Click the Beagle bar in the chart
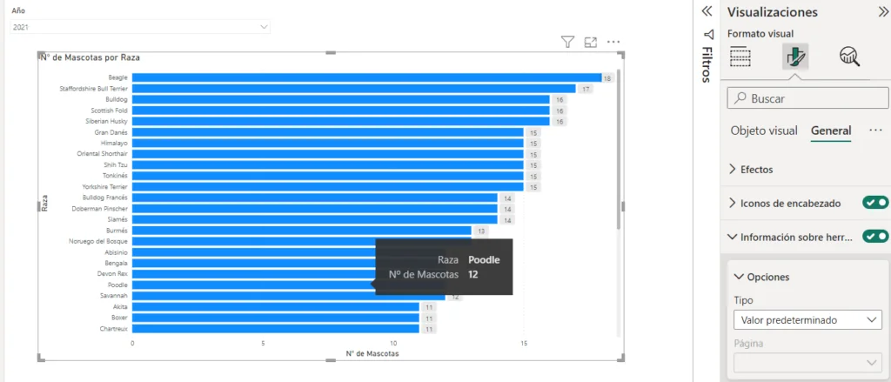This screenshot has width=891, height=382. pos(365,77)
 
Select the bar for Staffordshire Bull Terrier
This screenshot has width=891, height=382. pos(353,89)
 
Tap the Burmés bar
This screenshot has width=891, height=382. pos(301,231)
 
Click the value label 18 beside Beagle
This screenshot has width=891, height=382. pos(607,78)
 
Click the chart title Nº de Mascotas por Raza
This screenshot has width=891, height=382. pos(90,57)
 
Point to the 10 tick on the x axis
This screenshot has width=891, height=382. pos(393,343)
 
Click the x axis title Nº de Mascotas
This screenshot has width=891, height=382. pos(372,353)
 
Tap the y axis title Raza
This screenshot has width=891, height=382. pos(44,203)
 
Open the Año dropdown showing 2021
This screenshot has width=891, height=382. pos(140,28)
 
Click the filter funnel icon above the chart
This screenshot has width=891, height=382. pos(567,42)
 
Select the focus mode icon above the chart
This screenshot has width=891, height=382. pos(591,42)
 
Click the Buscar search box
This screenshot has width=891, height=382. pos(805,98)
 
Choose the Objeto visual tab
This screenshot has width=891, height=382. pos(763,131)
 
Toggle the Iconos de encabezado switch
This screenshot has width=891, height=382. pos(875,203)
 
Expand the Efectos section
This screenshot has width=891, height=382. pos(756,169)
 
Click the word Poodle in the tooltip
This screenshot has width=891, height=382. pos(484,259)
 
